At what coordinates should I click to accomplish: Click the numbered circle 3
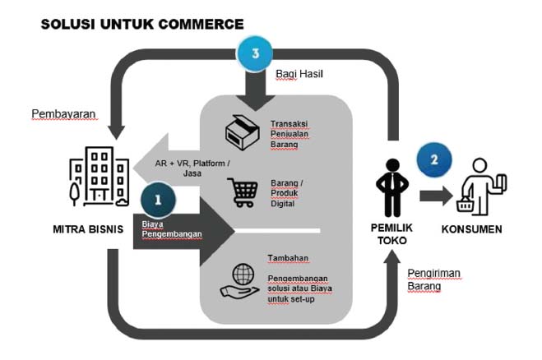pos(256,56)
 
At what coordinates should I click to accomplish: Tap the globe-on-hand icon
pos(239,280)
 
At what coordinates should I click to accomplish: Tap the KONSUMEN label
pos(472,229)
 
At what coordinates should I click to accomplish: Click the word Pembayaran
pos(64,113)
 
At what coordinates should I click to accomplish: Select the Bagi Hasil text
pos(298,75)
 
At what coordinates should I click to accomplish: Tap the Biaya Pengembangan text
pos(170,228)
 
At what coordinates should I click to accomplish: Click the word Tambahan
pos(288,259)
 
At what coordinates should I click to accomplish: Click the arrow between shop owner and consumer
pos(435,196)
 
